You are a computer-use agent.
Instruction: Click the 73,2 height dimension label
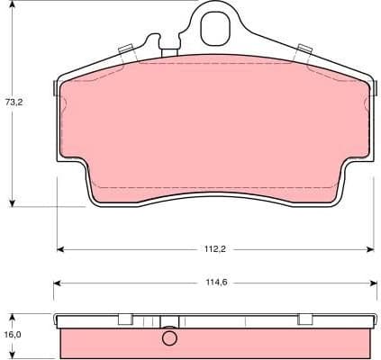click(x=14, y=103)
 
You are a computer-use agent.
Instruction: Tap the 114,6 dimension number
click(x=214, y=283)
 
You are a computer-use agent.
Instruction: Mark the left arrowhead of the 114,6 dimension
click(x=57, y=283)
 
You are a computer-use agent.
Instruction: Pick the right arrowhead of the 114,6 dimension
click(x=373, y=283)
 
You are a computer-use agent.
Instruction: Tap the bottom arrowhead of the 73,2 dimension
click(x=12, y=203)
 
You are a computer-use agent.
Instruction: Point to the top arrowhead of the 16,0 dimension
click(x=12, y=315)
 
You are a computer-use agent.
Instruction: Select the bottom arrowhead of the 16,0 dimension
click(x=12, y=355)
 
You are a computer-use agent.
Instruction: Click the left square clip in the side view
click(x=125, y=319)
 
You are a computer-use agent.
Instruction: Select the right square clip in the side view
click(x=304, y=319)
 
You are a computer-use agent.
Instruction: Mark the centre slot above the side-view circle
click(x=168, y=321)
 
